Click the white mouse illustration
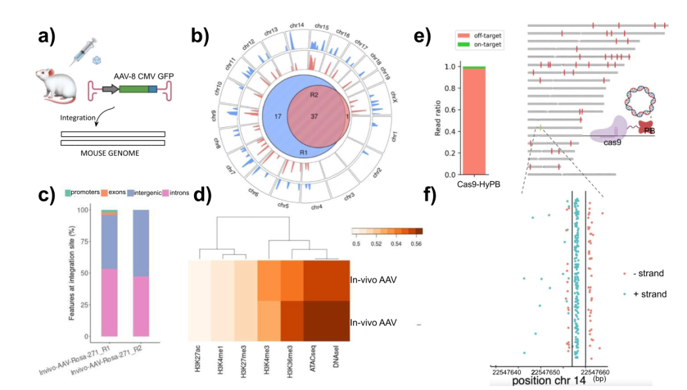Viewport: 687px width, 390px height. click(x=55, y=84)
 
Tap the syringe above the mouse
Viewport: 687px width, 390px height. click(x=83, y=48)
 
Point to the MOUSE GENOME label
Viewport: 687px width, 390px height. click(x=113, y=153)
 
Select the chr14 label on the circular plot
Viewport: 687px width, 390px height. click(x=296, y=26)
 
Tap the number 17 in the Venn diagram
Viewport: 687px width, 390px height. click(x=277, y=116)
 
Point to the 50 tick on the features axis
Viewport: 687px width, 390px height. click(x=88, y=273)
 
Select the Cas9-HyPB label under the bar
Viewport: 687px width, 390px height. click(x=474, y=185)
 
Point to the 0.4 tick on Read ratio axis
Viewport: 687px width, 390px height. click(x=449, y=131)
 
